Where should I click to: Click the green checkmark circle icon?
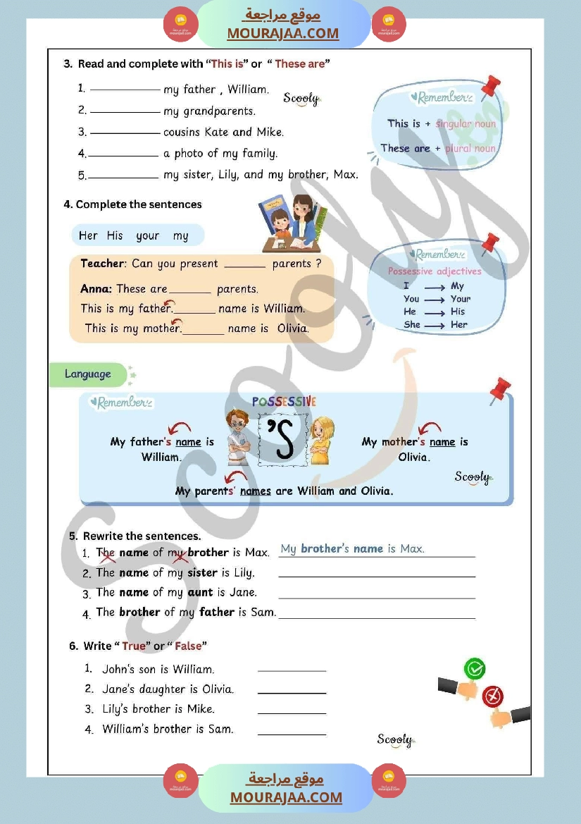click(475, 668)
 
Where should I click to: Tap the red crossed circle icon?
click(493, 696)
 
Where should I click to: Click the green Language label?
click(88, 374)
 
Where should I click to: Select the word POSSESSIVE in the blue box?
click(285, 402)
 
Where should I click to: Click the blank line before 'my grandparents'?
click(125, 111)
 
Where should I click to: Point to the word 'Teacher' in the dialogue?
click(103, 264)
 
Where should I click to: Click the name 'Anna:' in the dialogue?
click(96, 288)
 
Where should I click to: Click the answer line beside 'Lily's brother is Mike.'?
click(292, 713)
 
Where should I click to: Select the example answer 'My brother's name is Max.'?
click(352, 548)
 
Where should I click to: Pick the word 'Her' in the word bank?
click(88, 235)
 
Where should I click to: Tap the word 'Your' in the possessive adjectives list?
click(461, 299)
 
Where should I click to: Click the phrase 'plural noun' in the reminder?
click(470, 149)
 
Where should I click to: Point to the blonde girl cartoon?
click(322, 440)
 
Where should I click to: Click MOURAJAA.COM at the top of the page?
click(282, 33)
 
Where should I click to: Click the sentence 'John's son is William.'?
click(158, 669)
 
